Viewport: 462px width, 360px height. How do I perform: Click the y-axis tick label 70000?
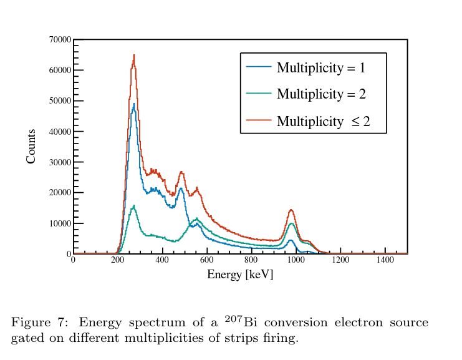click(x=60, y=39)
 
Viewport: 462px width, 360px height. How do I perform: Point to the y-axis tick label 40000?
click(x=60, y=131)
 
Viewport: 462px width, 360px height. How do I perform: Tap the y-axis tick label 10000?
click(x=60, y=223)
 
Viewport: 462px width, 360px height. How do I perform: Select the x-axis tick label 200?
click(x=118, y=260)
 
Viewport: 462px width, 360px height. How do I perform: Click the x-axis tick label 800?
click(x=251, y=260)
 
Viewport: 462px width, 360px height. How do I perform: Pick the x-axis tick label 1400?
click(x=385, y=260)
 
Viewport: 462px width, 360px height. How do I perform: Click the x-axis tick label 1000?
click(x=296, y=260)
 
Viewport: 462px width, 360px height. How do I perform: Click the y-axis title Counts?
click(x=31, y=147)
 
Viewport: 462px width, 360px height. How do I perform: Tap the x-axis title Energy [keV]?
click(x=240, y=275)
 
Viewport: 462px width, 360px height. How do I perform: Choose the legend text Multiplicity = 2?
click(x=321, y=94)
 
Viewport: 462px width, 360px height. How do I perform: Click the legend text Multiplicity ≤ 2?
click(x=323, y=121)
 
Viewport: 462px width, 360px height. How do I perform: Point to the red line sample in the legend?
click(x=259, y=121)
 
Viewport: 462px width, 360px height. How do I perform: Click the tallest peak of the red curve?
click(x=133, y=56)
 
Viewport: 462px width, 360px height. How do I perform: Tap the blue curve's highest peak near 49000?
click(x=133, y=104)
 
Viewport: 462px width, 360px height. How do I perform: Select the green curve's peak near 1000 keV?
click(x=291, y=223)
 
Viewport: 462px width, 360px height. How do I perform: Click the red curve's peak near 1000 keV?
click(x=291, y=210)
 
